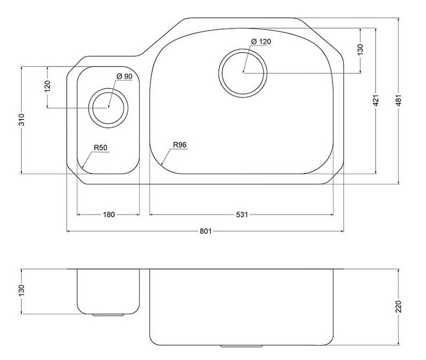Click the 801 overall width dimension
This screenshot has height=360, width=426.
pyautogui.click(x=206, y=231)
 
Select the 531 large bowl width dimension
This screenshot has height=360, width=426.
pyautogui.click(x=242, y=215)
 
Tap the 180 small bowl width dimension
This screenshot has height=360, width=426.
pyautogui.click(x=109, y=215)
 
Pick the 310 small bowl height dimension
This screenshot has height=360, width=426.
pyautogui.click(x=21, y=119)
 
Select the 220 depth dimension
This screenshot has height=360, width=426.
pyautogui.click(x=399, y=307)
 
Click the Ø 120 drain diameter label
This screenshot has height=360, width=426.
pyautogui.click(x=261, y=42)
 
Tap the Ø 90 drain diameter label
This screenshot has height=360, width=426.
pyautogui.click(x=125, y=77)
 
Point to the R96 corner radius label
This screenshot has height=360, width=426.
pyautogui.click(x=180, y=145)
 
